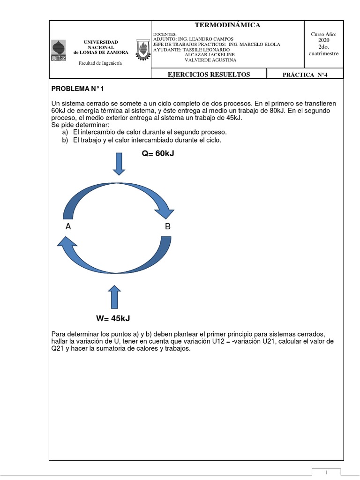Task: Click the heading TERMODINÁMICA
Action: (x=227, y=25)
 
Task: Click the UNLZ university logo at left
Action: (x=58, y=51)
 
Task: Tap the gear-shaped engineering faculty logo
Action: (x=142, y=50)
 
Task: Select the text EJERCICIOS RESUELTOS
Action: (x=209, y=74)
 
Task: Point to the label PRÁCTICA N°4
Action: (x=305, y=74)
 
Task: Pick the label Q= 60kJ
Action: (x=158, y=153)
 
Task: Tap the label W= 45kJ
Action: (x=113, y=319)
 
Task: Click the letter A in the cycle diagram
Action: (x=68, y=227)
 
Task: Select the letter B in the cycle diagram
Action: (x=167, y=227)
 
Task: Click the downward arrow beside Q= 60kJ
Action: (x=119, y=164)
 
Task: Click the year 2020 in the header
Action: (x=324, y=41)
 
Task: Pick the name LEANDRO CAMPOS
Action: (x=213, y=39)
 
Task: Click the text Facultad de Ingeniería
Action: (x=100, y=63)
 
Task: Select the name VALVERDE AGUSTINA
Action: (x=210, y=60)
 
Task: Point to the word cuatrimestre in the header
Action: (x=323, y=53)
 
